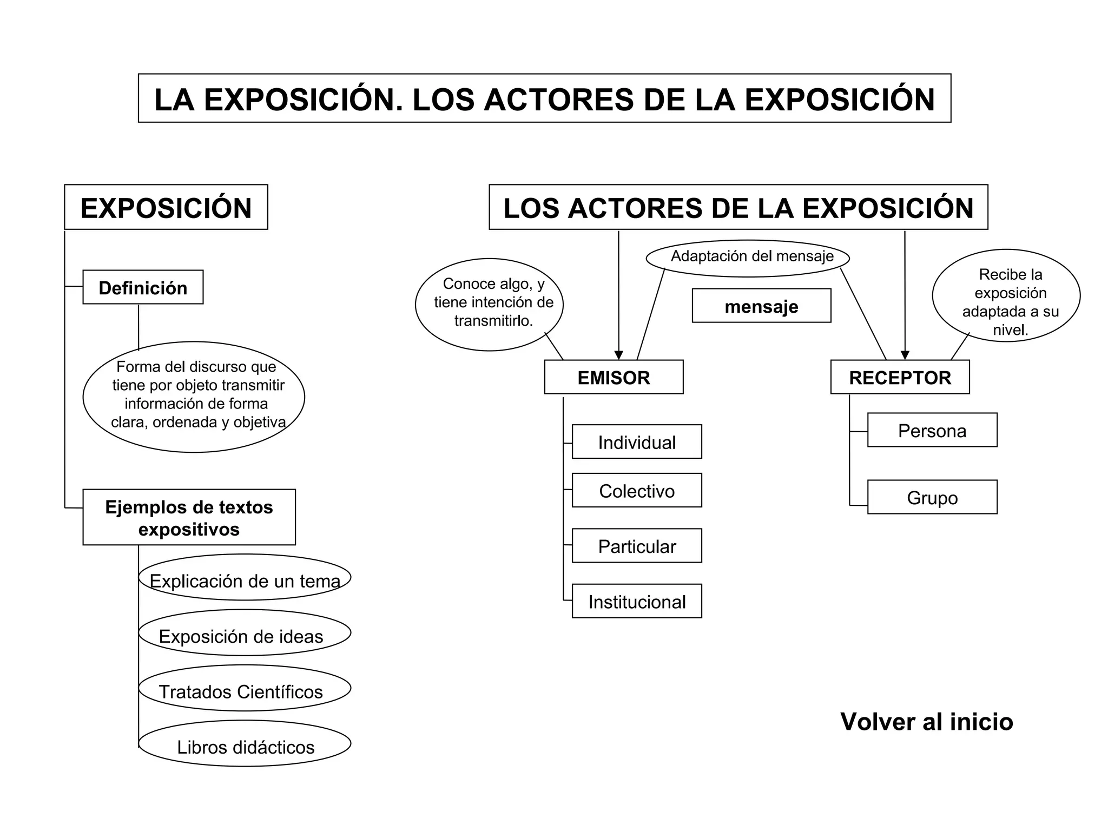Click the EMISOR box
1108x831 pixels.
614,377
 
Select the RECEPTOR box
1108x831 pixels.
900,377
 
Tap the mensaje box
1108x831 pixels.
761,306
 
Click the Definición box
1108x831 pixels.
143,287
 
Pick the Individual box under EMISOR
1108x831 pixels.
637,442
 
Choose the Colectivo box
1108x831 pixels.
637,491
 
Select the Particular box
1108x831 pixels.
637,546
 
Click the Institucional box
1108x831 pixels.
637,601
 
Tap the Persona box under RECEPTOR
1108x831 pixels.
932,430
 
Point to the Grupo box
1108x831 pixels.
932,497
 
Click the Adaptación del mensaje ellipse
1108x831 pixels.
748,258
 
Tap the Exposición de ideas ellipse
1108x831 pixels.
245,633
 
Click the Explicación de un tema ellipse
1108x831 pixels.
245,577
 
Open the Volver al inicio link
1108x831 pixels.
926,722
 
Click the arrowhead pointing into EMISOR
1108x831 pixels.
619,355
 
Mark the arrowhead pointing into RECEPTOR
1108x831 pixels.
905,355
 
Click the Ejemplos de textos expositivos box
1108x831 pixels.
189,517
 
